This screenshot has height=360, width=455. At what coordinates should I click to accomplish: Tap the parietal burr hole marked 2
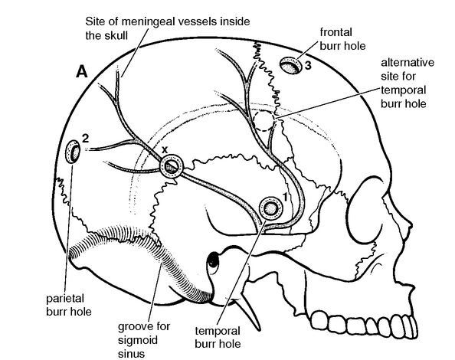73,152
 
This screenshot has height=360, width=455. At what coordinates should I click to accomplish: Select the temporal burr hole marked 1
270,208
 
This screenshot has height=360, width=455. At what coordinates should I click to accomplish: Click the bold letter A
81,71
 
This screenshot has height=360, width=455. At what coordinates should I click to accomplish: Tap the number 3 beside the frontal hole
308,66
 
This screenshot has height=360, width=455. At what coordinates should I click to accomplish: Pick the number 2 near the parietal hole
85,139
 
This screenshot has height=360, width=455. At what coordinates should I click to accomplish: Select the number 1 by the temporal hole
285,197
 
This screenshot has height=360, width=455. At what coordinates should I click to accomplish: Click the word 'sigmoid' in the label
138,340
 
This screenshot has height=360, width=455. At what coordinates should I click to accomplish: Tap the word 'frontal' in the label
336,32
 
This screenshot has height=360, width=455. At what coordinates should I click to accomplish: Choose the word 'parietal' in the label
65,299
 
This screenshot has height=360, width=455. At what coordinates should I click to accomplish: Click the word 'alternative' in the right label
408,62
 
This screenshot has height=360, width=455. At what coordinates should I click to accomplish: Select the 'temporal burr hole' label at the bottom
218,337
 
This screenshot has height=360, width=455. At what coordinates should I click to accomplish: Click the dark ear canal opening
213,260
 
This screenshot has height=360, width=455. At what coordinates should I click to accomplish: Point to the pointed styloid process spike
250,314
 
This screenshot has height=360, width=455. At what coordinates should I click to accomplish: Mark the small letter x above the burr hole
165,149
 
